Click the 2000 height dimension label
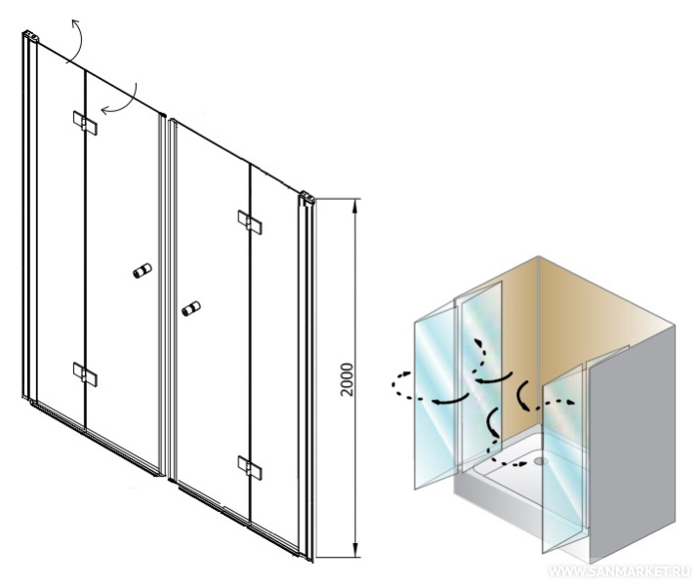coord(347,379)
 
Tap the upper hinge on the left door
coord(85,123)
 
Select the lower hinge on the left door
coord(85,374)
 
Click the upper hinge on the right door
coord(250,222)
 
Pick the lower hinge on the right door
coord(250,468)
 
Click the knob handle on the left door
coord(143,271)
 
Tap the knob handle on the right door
coord(191,308)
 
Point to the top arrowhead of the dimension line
coord(354,206)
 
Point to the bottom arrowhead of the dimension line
coord(354,550)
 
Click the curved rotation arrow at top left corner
coord(79,42)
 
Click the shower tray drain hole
coord(541,461)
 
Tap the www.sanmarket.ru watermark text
coord(621,571)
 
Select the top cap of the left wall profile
coord(30,35)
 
